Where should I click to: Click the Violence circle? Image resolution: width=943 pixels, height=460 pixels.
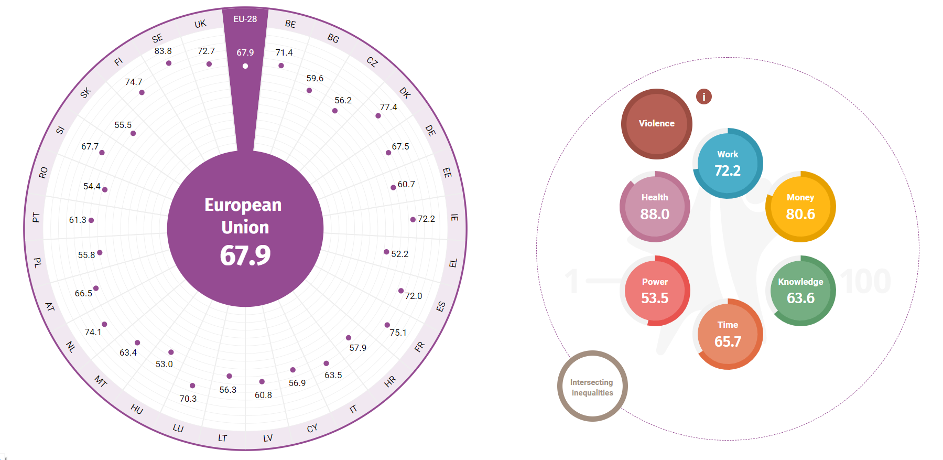[656, 124]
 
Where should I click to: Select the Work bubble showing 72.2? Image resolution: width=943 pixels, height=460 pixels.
[728, 163]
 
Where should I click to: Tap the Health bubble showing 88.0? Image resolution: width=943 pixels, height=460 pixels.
[655, 207]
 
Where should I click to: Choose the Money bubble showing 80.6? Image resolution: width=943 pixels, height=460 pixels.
[800, 207]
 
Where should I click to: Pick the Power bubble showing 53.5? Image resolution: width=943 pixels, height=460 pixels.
[655, 291]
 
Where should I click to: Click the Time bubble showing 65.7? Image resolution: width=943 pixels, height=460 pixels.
[728, 334]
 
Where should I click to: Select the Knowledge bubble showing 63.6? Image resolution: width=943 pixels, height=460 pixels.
[800, 291]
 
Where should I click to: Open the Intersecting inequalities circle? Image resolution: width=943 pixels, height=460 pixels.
[592, 386]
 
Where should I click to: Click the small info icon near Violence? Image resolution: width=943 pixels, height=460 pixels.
[704, 97]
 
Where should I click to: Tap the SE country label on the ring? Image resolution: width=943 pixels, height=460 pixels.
[157, 38]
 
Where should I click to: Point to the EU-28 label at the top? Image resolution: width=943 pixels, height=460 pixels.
[245, 19]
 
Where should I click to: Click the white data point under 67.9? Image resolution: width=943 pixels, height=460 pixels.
[245, 66]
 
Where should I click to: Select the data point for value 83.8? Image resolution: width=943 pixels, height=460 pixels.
[169, 63]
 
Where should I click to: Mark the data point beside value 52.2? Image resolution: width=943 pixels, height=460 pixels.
[386, 252]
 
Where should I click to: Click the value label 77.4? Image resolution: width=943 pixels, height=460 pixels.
[388, 107]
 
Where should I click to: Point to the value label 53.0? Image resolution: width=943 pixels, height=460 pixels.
[164, 364]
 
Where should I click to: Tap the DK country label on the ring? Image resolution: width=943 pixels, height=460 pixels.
[405, 93]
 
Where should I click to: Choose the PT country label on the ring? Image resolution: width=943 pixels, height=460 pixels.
[36, 217]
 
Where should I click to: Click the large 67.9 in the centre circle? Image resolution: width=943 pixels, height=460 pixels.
[245, 255]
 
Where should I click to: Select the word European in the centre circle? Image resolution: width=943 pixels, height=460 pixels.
[243, 205]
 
